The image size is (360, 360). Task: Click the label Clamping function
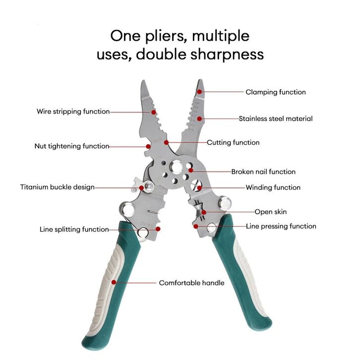[x=276, y=92]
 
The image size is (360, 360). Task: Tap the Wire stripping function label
[x=73, y=112]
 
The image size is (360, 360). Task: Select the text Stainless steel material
[x=276, y=119]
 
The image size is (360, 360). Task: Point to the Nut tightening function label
[x=72, y=146]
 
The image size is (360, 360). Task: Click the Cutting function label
[x=233, y=143]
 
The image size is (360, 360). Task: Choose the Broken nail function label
[x=263, y=172]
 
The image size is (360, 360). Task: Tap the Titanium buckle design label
[x=58, y=187]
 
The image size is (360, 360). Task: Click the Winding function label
[x=273, y=187]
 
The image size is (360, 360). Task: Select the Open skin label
[x=271, y=212]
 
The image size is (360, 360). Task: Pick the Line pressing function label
[x=281, y=227]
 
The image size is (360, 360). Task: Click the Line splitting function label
[x=74, y=230]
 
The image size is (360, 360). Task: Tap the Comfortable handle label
[x=192, y=283]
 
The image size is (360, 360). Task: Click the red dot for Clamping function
[x=199, y=92]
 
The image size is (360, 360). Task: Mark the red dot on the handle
[x=114, y=282]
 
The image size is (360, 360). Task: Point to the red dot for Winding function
[x=199, y=188]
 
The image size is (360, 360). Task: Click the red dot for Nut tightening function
[x=148, y=146]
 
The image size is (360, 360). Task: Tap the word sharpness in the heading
[x=227, y=55]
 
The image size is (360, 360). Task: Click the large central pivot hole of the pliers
[x=177, y=167]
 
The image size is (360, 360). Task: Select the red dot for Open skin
[x=204, y=212]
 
